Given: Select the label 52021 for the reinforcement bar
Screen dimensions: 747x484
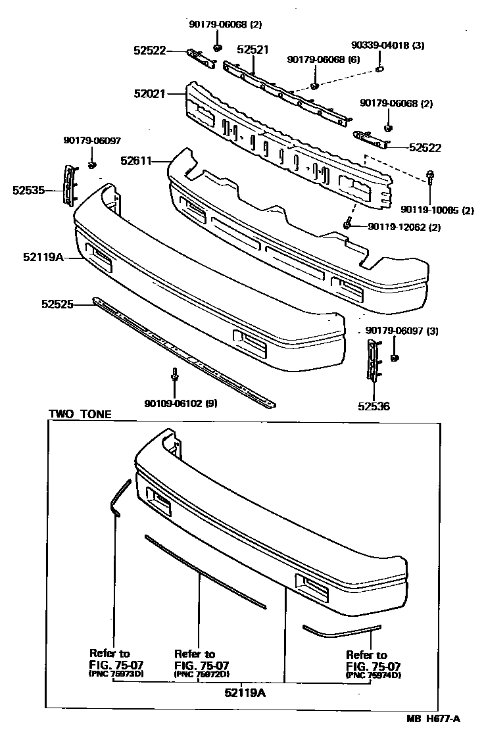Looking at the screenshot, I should point(150,95).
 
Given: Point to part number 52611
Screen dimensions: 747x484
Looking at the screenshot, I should point(136,160).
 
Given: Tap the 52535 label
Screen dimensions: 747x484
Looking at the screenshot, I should point(28,191).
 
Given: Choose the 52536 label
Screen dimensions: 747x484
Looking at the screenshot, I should point(374,406).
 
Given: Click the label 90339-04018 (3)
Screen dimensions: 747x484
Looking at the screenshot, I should point(387,45).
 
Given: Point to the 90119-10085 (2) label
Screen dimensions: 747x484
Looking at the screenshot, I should point(437,210).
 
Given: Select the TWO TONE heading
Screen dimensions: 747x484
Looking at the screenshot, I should point(80,414).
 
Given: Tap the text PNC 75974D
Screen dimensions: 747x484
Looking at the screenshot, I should point(374,675).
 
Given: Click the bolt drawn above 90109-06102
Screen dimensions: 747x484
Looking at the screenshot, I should point(174,375).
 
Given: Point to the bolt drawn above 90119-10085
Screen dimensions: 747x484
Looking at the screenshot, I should point(429,176).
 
